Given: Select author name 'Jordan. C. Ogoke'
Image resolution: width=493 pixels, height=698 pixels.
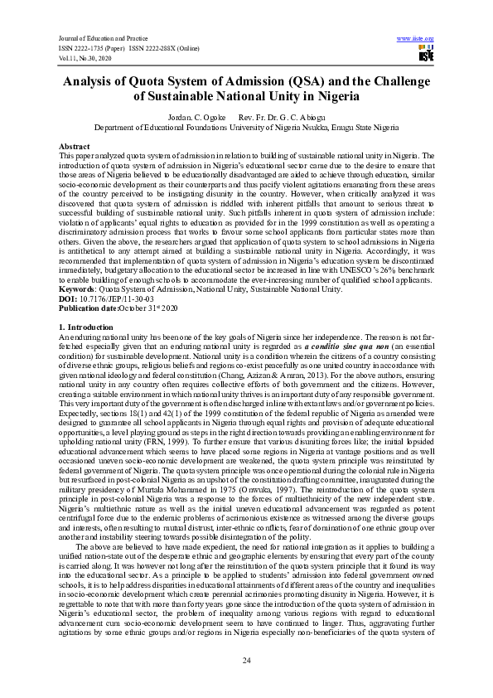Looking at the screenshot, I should coord(191,119).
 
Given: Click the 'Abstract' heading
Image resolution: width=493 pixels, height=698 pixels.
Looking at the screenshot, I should coord(75,146).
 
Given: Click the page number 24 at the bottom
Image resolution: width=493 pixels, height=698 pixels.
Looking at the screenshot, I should coord(246,660).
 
